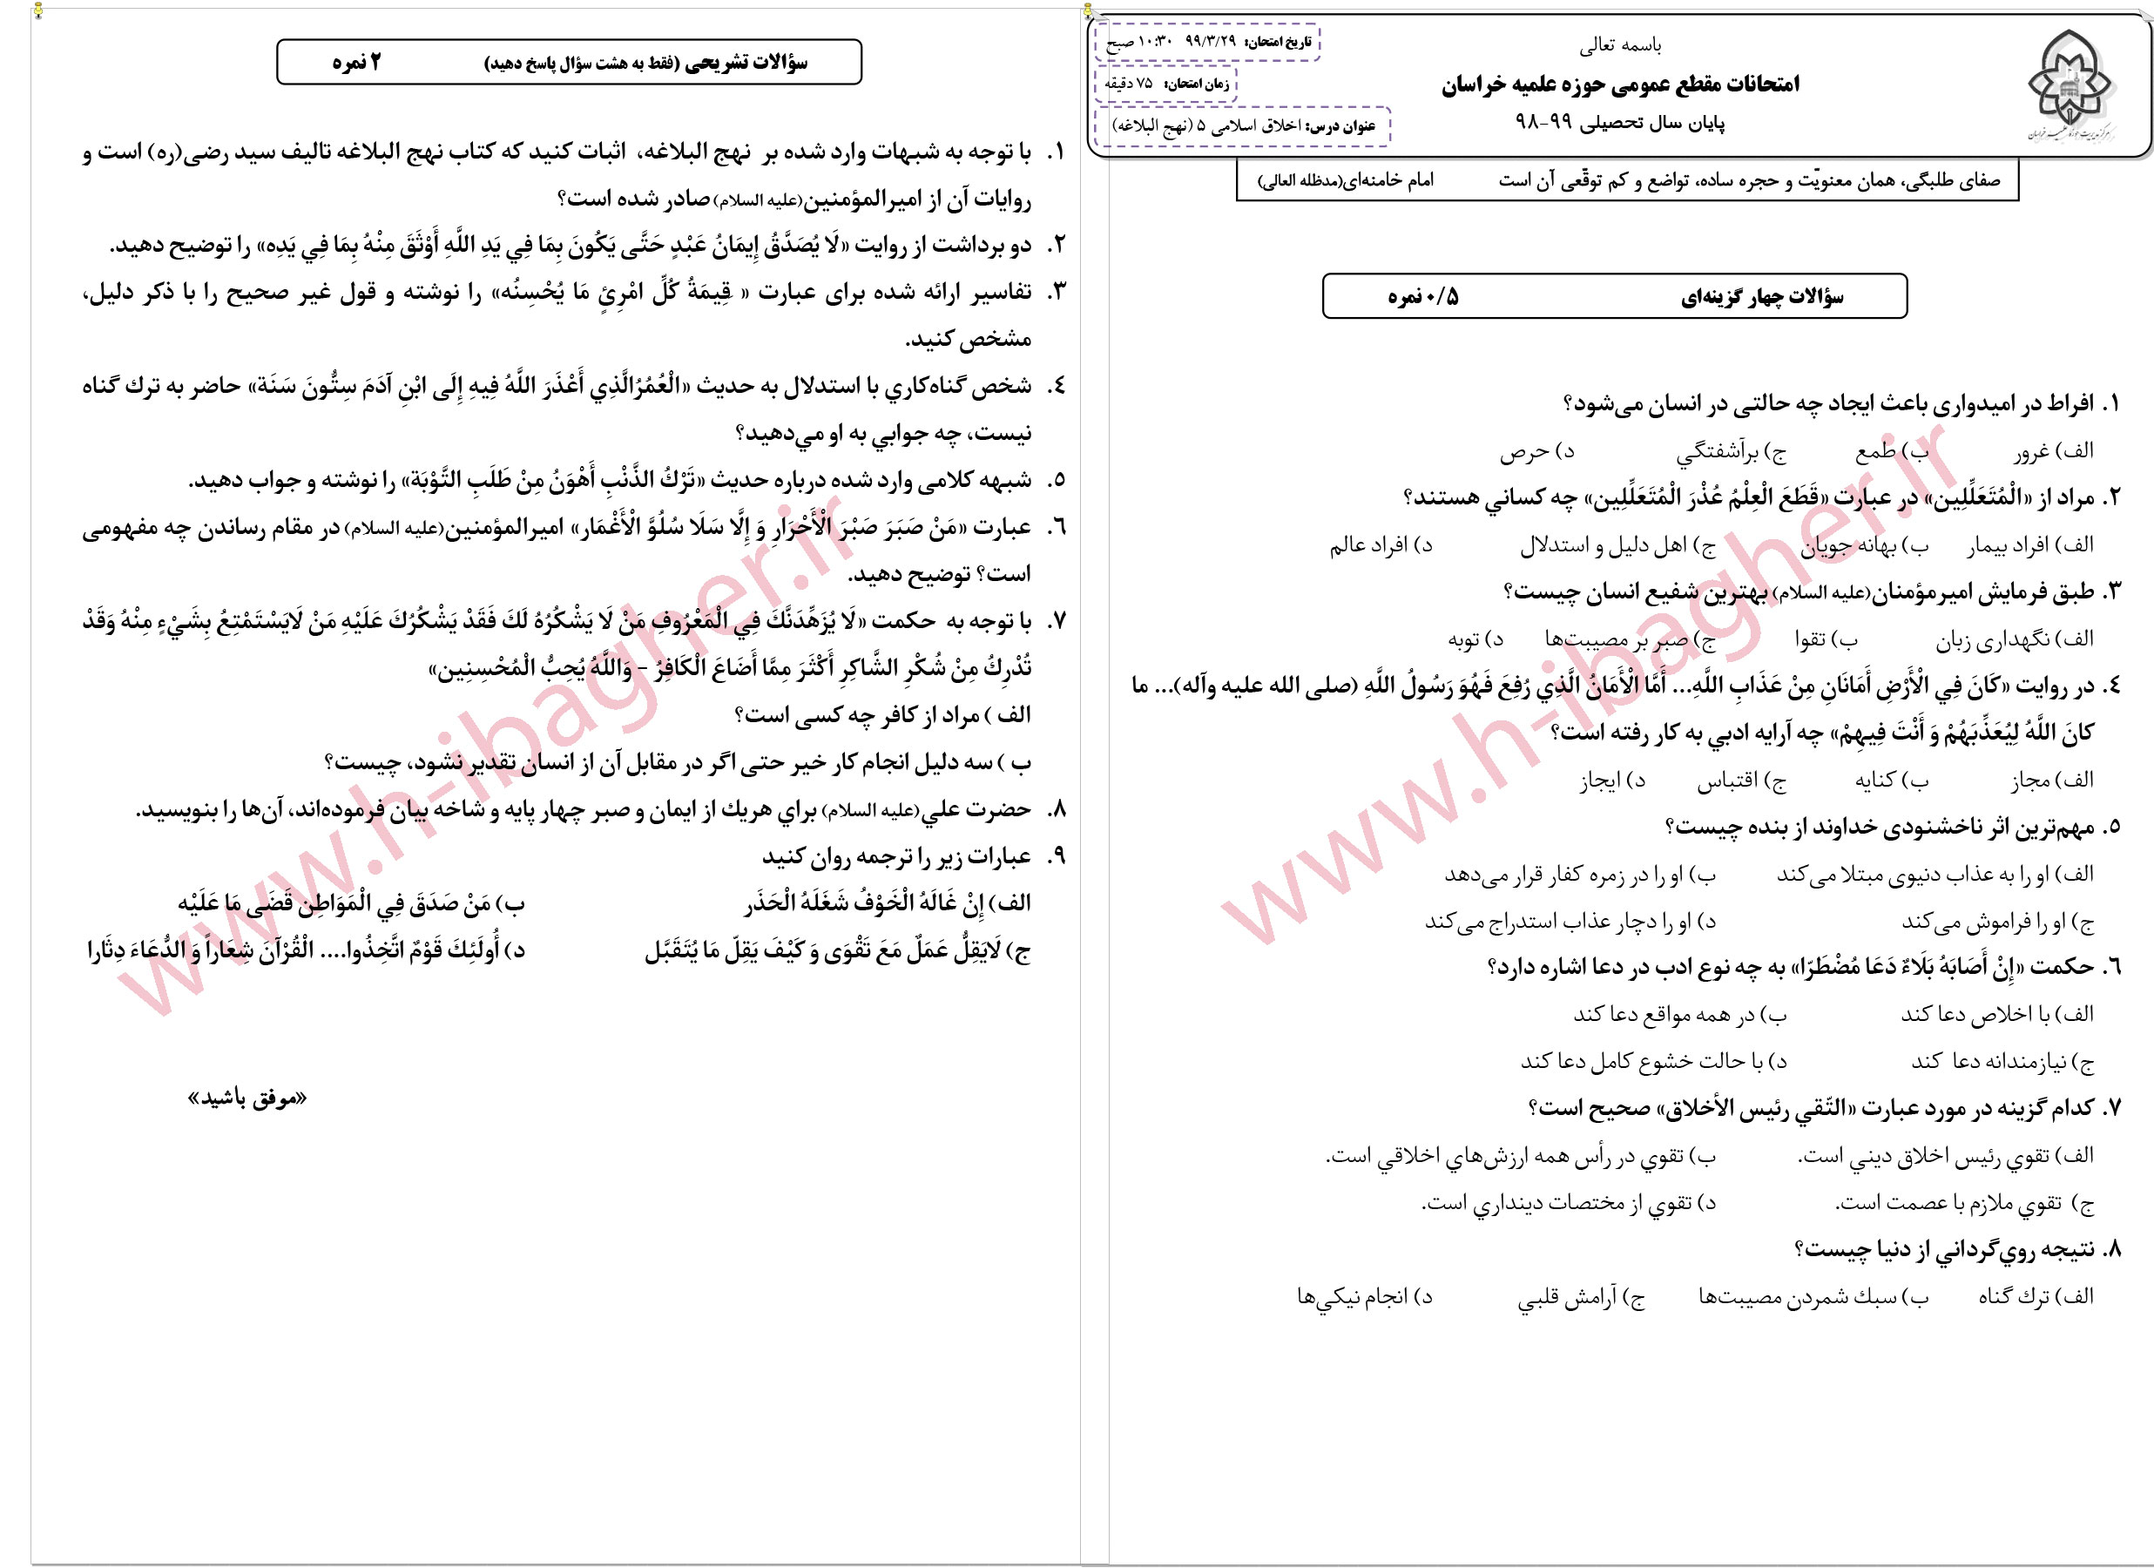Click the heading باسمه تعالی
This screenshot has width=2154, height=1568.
[x=1620, y=44]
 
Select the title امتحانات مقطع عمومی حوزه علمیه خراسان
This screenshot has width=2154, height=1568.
[x=1620, y=84]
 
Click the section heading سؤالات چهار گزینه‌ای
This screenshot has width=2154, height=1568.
[x=1762, y=297]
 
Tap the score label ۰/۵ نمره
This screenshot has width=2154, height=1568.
[x=1422, y=297]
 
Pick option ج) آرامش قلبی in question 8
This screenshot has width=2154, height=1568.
[x=1580, y=1297]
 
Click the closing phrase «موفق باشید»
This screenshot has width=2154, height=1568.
[x=248, y=1098]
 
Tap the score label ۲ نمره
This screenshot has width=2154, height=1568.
[x=356, y=63]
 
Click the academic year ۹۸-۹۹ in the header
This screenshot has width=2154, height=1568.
[x=1544, y=124]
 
